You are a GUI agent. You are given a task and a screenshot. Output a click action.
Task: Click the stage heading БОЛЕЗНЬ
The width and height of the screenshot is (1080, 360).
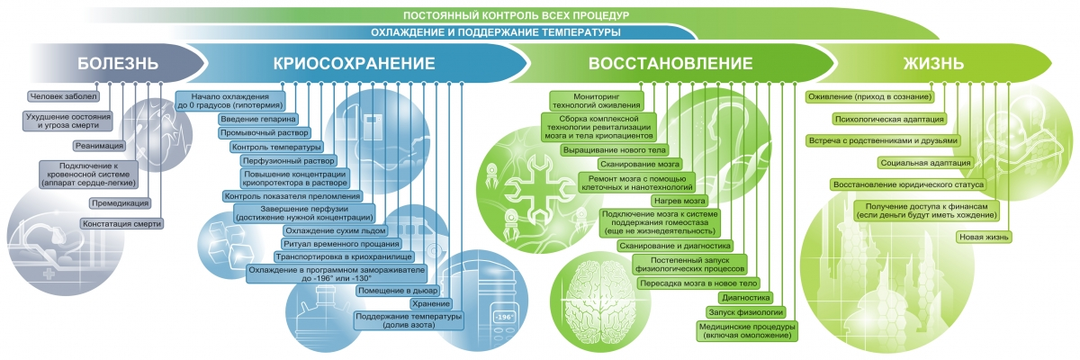pyautogui.click(x=118, y=63)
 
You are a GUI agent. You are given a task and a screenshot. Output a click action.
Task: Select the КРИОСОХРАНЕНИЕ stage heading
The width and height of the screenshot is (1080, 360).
pyautogui.click(x=354, y=63)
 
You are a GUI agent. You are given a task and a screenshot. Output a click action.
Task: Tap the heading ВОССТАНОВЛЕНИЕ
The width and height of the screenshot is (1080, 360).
pyautogui.click(x=670, y=63)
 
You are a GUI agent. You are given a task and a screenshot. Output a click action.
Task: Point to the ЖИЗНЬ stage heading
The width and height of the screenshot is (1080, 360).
pyautogui.click(x=933, y=63)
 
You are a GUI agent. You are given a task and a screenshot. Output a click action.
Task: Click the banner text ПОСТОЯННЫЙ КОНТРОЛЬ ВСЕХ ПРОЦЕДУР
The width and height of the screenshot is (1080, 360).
pyautogui.click(x=516, y=15)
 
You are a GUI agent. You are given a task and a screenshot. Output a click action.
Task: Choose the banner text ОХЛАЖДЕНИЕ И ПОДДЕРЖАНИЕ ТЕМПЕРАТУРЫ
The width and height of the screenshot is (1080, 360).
pyautogui.click(x=496, y=32)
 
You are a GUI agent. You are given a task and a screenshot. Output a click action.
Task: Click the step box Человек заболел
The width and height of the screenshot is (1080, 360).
pyautogui.click(x=63, y=96)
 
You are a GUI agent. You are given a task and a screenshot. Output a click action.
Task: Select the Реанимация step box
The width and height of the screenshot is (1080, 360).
pyautogui.click(x=99, y=146)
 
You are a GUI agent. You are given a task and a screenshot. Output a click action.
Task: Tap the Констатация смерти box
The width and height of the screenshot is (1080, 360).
pyautogui.click(x=121, y=223)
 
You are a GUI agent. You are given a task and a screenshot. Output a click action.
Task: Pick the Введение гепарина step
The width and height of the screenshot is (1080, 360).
pyautogui.click(x=258, y=119)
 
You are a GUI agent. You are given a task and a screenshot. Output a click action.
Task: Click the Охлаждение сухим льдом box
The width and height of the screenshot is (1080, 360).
pyautogui.click(x=335, y=230)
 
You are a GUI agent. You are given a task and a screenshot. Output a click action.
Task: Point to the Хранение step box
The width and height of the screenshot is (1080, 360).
pyautogui.click(x=431, y=303)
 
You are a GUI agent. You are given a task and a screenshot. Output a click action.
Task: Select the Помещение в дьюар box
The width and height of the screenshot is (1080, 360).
pyautogui.click(x=398, y=291)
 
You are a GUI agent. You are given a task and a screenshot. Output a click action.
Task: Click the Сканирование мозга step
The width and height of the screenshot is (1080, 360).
pyautogui.click(x=639, y=165)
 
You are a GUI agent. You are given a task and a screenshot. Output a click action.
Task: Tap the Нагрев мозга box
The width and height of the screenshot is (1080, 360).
pyautogui.click(x=679, y=201)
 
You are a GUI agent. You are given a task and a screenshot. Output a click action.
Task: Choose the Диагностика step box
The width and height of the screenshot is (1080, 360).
pyautogui.click(x=745, y=297)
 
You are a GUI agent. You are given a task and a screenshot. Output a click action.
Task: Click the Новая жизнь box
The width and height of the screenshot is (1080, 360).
pyautogui.click(x=984, y=237)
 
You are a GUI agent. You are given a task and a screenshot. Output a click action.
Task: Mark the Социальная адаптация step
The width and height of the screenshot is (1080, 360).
pyautogui.click(x=925, y=163)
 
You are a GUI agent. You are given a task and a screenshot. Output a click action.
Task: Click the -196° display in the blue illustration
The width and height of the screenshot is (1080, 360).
pyautogui.click(x=504, y=317)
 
